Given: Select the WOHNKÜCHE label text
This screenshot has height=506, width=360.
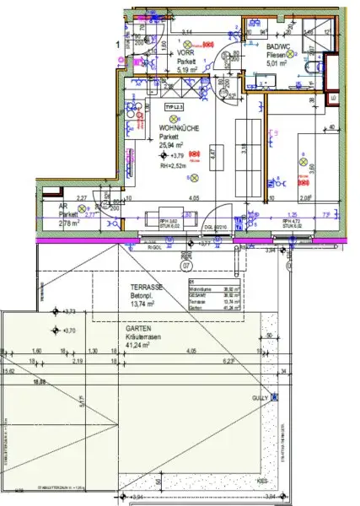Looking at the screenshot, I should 178,127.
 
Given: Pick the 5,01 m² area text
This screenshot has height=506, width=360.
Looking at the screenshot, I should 278,62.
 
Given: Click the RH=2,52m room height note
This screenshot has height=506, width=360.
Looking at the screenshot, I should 175,167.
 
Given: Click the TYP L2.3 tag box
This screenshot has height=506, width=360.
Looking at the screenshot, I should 174,109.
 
